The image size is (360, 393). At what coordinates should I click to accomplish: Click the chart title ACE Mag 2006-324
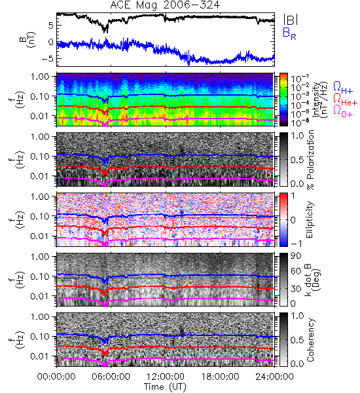[x=165, y=5]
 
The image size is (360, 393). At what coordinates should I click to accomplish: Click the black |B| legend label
[x=291, y=19]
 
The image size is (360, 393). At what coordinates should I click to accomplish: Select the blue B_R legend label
[x=289, y=33]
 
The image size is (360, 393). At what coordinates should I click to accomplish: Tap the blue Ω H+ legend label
[x=343, y=87]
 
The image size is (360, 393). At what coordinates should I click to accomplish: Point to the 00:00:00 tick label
[x=56, y=376]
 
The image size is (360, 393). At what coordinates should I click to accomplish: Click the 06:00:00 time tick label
[x=111, y=376]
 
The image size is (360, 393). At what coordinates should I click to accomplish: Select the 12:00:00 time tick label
[x=166, y=376]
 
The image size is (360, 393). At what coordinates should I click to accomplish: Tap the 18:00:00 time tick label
[x=220, y=376]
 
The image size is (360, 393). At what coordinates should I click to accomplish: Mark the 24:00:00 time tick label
[x=274, y=376]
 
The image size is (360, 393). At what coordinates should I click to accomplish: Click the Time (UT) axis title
[x=166, y=386]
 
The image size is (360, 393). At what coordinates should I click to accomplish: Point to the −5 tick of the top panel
[x=48, y=59]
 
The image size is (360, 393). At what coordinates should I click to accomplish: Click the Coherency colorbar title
[x=311, y=340]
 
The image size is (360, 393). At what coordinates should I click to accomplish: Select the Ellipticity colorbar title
[x=310, y=219]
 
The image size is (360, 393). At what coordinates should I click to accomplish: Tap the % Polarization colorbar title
[x=311, y=160]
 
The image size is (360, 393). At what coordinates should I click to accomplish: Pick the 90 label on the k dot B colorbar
[x=296, y=256]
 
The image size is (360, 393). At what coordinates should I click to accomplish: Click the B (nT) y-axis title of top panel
[x=27, y=39]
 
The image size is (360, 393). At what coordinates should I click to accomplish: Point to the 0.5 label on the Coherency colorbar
[x=297, y=340]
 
